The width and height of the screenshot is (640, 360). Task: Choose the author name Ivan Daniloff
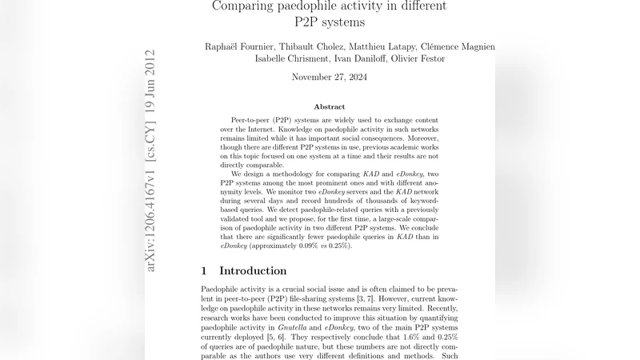(x=359, y=59)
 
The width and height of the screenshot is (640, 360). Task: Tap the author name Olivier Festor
(x=418, y=59)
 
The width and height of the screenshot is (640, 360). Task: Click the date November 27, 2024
(x=329, y=78)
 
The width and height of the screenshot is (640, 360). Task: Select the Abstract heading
(x=329, y=106)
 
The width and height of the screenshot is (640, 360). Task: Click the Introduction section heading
(x=253, y=270)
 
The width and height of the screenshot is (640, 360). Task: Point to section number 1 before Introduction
(x=205, y=270)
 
